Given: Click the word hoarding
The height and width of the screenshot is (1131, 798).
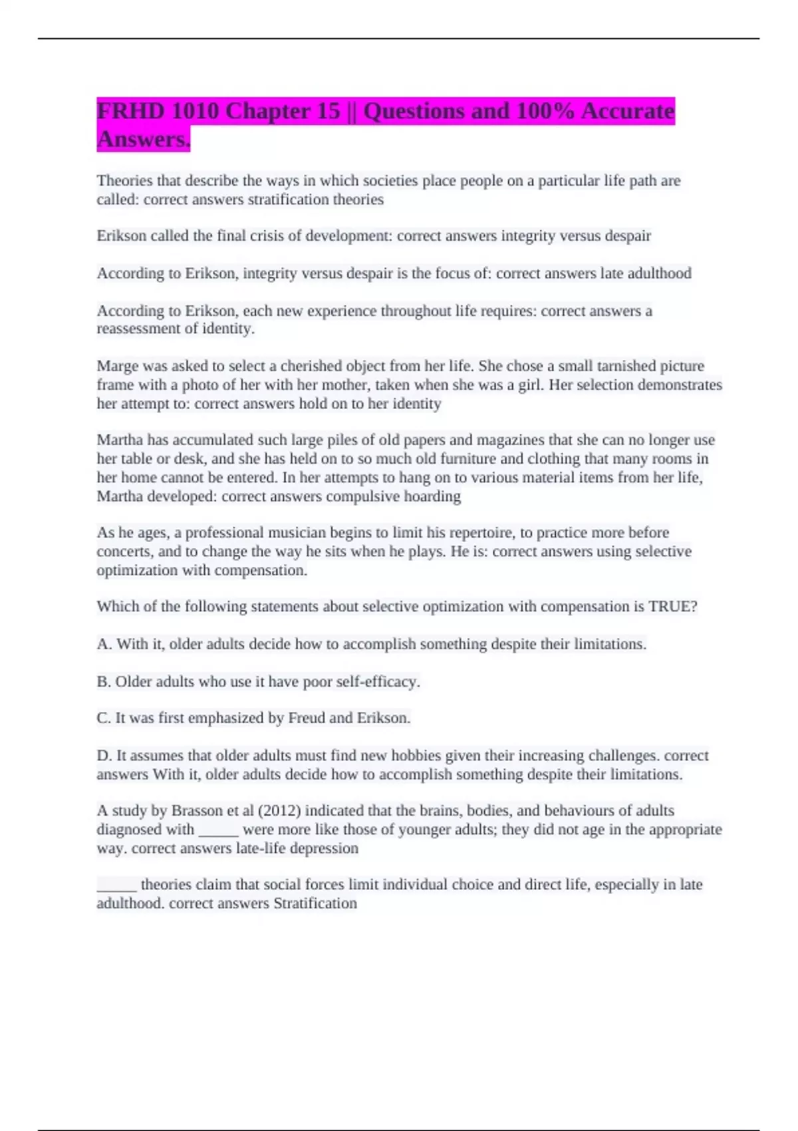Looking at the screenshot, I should click(x=432, y=496).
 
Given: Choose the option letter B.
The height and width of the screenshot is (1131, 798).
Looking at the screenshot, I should click(x=103, y=682).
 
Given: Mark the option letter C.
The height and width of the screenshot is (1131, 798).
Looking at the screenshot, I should click(x=103, y=719).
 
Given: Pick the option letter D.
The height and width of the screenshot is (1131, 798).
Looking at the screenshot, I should click(x=103, y=756).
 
